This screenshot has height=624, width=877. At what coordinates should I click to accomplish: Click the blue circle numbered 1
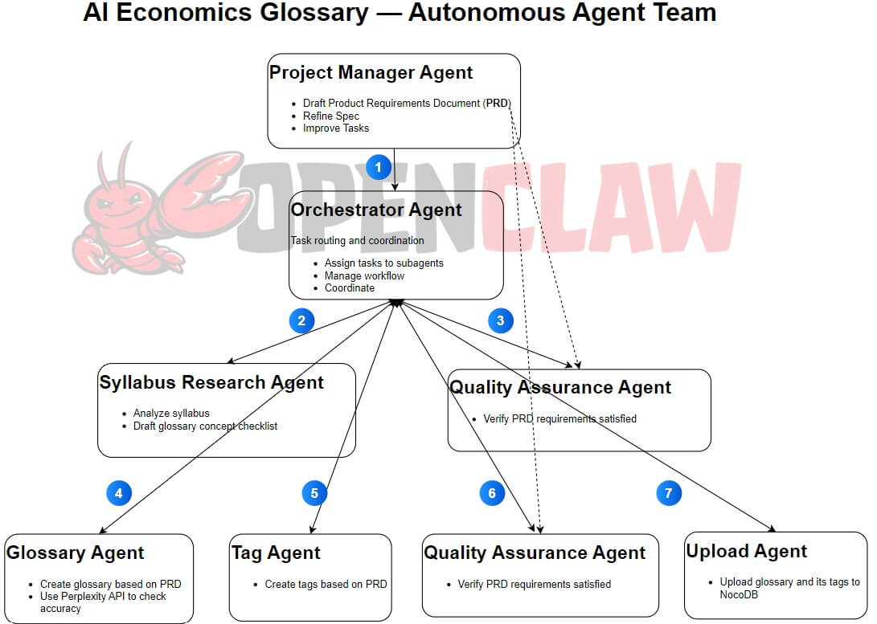379,167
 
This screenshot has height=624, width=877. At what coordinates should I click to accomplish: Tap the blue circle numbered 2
301,321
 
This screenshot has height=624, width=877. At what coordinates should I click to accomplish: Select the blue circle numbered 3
501,321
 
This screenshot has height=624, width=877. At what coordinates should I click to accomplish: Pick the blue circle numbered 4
118,493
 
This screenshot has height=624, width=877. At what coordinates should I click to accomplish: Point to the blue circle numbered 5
314,493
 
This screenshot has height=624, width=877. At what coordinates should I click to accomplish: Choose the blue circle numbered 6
492,493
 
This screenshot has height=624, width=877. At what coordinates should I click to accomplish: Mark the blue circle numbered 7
669,493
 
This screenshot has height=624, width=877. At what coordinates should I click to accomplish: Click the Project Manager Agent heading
371,73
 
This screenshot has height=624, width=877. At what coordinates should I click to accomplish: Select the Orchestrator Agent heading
376,210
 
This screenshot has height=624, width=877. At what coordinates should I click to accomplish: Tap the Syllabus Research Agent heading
211,383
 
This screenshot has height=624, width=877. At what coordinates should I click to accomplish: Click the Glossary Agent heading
76,553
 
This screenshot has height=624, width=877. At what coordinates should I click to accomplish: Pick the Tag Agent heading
276,553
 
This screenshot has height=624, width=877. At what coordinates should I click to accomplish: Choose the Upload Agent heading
746,552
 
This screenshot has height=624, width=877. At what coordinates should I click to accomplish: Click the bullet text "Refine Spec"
331,116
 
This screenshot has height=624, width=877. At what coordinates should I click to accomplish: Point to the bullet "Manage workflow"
364,275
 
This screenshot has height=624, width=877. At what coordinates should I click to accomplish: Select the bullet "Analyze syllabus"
171,414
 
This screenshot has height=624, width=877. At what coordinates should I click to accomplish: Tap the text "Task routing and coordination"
357,240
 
